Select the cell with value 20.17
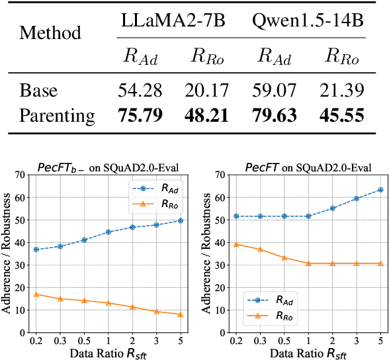[x=206, y=89]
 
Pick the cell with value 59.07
[x=273, y=89]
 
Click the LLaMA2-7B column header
[x=173, y=21]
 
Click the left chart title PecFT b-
[x=108, y=168]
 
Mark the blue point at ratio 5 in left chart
[x=180, y=220]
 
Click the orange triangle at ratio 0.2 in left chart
[x=36, y=294]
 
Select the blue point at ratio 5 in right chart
[x=380, y=189]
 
